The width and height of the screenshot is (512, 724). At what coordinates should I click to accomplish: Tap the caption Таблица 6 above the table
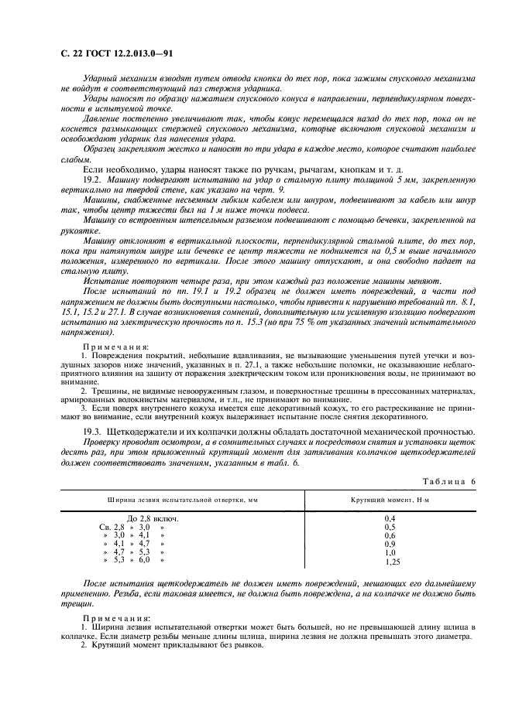(447, 481)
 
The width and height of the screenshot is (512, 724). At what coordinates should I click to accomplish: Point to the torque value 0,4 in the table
(390, 517)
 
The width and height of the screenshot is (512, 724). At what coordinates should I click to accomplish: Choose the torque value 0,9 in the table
(390, 544)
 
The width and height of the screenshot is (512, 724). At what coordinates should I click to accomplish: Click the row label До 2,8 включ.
(153, 518)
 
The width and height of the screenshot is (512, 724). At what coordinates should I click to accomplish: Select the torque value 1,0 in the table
(390, 553)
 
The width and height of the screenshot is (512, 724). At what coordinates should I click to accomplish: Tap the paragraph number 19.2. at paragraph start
(92, 179)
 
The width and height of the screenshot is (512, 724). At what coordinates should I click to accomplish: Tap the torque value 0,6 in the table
(390, 535)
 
